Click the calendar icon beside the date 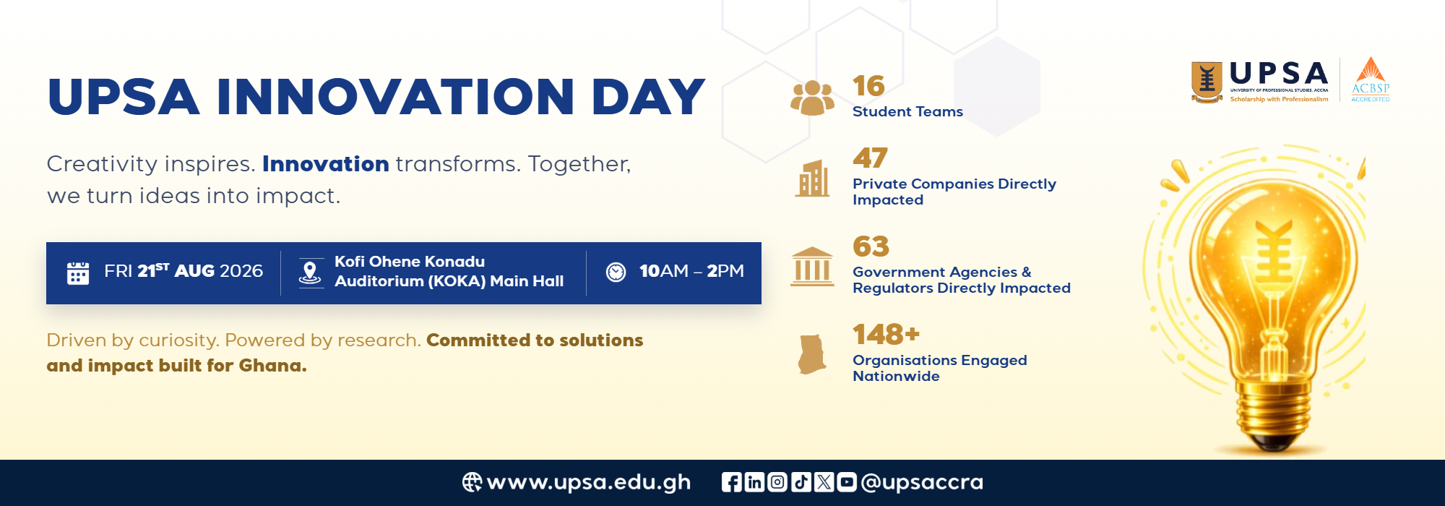78,273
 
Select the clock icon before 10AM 616,272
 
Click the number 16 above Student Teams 868,86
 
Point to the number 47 870,158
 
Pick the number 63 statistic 871,246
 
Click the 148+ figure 886,335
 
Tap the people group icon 812,98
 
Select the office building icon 813,179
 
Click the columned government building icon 812,267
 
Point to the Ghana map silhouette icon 812,354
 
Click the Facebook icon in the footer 731,482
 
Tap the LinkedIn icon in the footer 754,482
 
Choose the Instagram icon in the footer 777,482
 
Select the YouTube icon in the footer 847,482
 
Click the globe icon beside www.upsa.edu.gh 472,482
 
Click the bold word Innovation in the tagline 326,164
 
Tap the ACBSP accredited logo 1371,80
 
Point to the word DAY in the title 648,97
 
